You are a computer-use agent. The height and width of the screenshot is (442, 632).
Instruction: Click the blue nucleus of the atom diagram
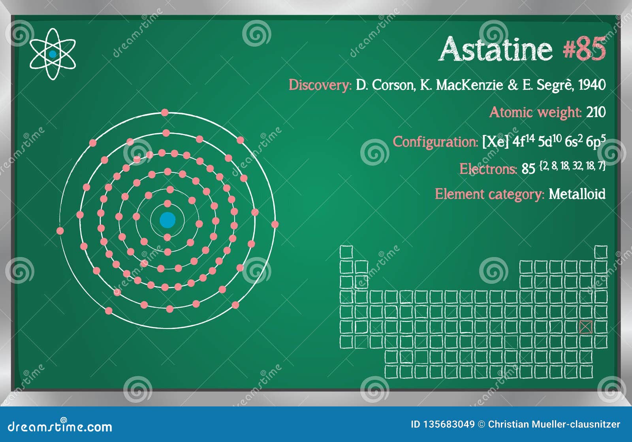pos(167,220)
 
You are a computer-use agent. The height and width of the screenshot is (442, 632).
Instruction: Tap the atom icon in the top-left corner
pos(53,54)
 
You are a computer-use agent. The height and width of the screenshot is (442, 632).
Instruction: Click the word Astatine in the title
pos(496,49)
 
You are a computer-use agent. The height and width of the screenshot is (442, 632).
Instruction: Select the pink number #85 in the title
pos(584,49)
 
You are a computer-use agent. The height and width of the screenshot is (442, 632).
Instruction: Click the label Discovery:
pos(320,85)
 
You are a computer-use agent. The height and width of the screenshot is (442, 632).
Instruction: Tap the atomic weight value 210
pos(596,112)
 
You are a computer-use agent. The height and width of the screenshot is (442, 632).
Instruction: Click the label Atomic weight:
pos(535,113)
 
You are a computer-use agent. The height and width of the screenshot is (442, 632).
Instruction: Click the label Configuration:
pos(435,142)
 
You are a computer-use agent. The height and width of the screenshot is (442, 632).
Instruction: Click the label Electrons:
pos(488,169)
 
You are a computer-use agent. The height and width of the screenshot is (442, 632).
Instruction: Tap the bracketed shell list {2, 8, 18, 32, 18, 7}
pos(572,166)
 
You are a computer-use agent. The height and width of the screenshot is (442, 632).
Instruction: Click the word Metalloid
pos(577,194)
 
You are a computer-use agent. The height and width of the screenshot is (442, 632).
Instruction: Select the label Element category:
pos(489,194)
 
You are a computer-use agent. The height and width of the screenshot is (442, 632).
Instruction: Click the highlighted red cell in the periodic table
pos(586,327)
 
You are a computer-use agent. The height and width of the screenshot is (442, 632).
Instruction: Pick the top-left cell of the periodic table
pos(346,252)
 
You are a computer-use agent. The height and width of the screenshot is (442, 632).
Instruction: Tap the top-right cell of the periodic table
pos(601,252)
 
